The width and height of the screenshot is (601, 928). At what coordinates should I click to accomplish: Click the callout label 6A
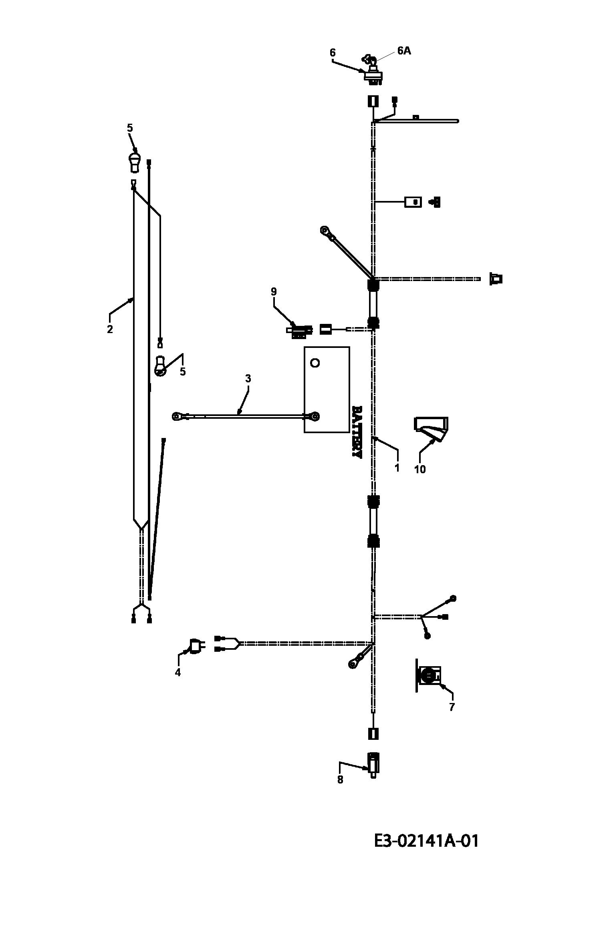[x=404, y=51]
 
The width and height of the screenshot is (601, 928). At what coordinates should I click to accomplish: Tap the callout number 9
[x=274, y=291]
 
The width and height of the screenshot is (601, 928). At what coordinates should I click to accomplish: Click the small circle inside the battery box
[x=315, y=363]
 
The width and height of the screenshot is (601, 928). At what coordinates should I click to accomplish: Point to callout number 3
[x=248, y=378]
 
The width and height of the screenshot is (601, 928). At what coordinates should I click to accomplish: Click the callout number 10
[x=420, y=469]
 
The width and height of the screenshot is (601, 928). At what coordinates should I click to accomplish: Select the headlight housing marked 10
[x=431, y=430]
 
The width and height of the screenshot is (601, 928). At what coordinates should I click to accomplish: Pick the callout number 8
[x=340, y=779]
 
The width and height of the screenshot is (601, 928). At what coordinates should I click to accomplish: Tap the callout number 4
[x=177, y=672]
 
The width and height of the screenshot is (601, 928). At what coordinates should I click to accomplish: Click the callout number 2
[x=110, y=329]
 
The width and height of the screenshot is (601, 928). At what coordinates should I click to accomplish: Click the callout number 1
[x=397, y=467]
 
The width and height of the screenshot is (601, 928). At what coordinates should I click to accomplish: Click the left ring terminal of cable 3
[x=177, y=417]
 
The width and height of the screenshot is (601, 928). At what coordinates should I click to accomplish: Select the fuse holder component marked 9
[x=299, y=330]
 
